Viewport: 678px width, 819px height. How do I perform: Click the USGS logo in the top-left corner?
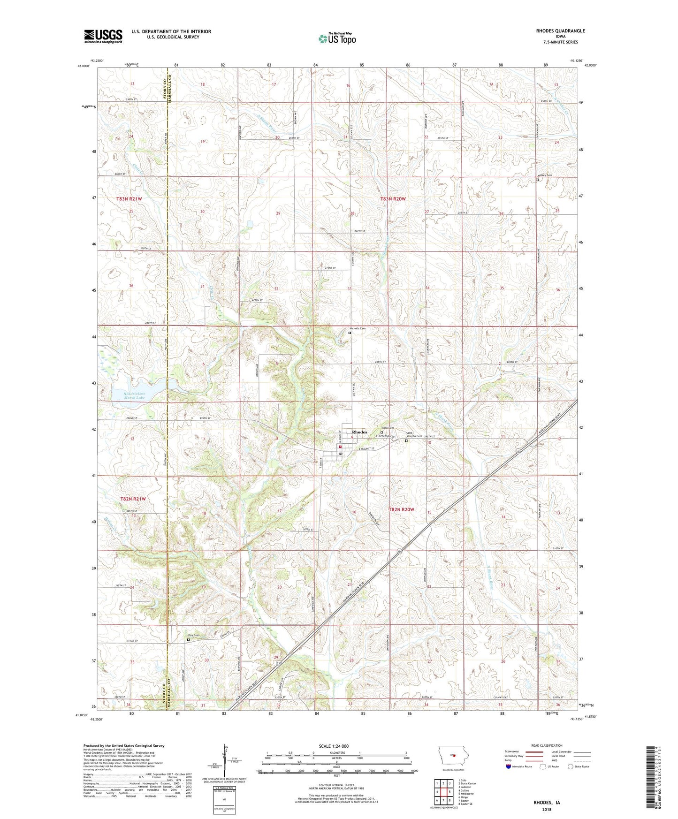point(103,36)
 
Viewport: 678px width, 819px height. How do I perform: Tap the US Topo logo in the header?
point(337,38)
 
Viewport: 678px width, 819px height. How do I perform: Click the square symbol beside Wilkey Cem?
point(538,179)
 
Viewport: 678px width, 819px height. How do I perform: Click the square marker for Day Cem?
point(189,639)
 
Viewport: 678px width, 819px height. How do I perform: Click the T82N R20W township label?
point(402,509)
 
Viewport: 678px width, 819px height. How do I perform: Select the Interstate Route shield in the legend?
point(508,766)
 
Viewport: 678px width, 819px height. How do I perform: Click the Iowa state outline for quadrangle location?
point(453,755)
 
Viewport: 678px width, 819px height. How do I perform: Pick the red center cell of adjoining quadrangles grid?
point(443,791)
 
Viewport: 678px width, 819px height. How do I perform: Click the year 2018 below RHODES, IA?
point(547,809)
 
